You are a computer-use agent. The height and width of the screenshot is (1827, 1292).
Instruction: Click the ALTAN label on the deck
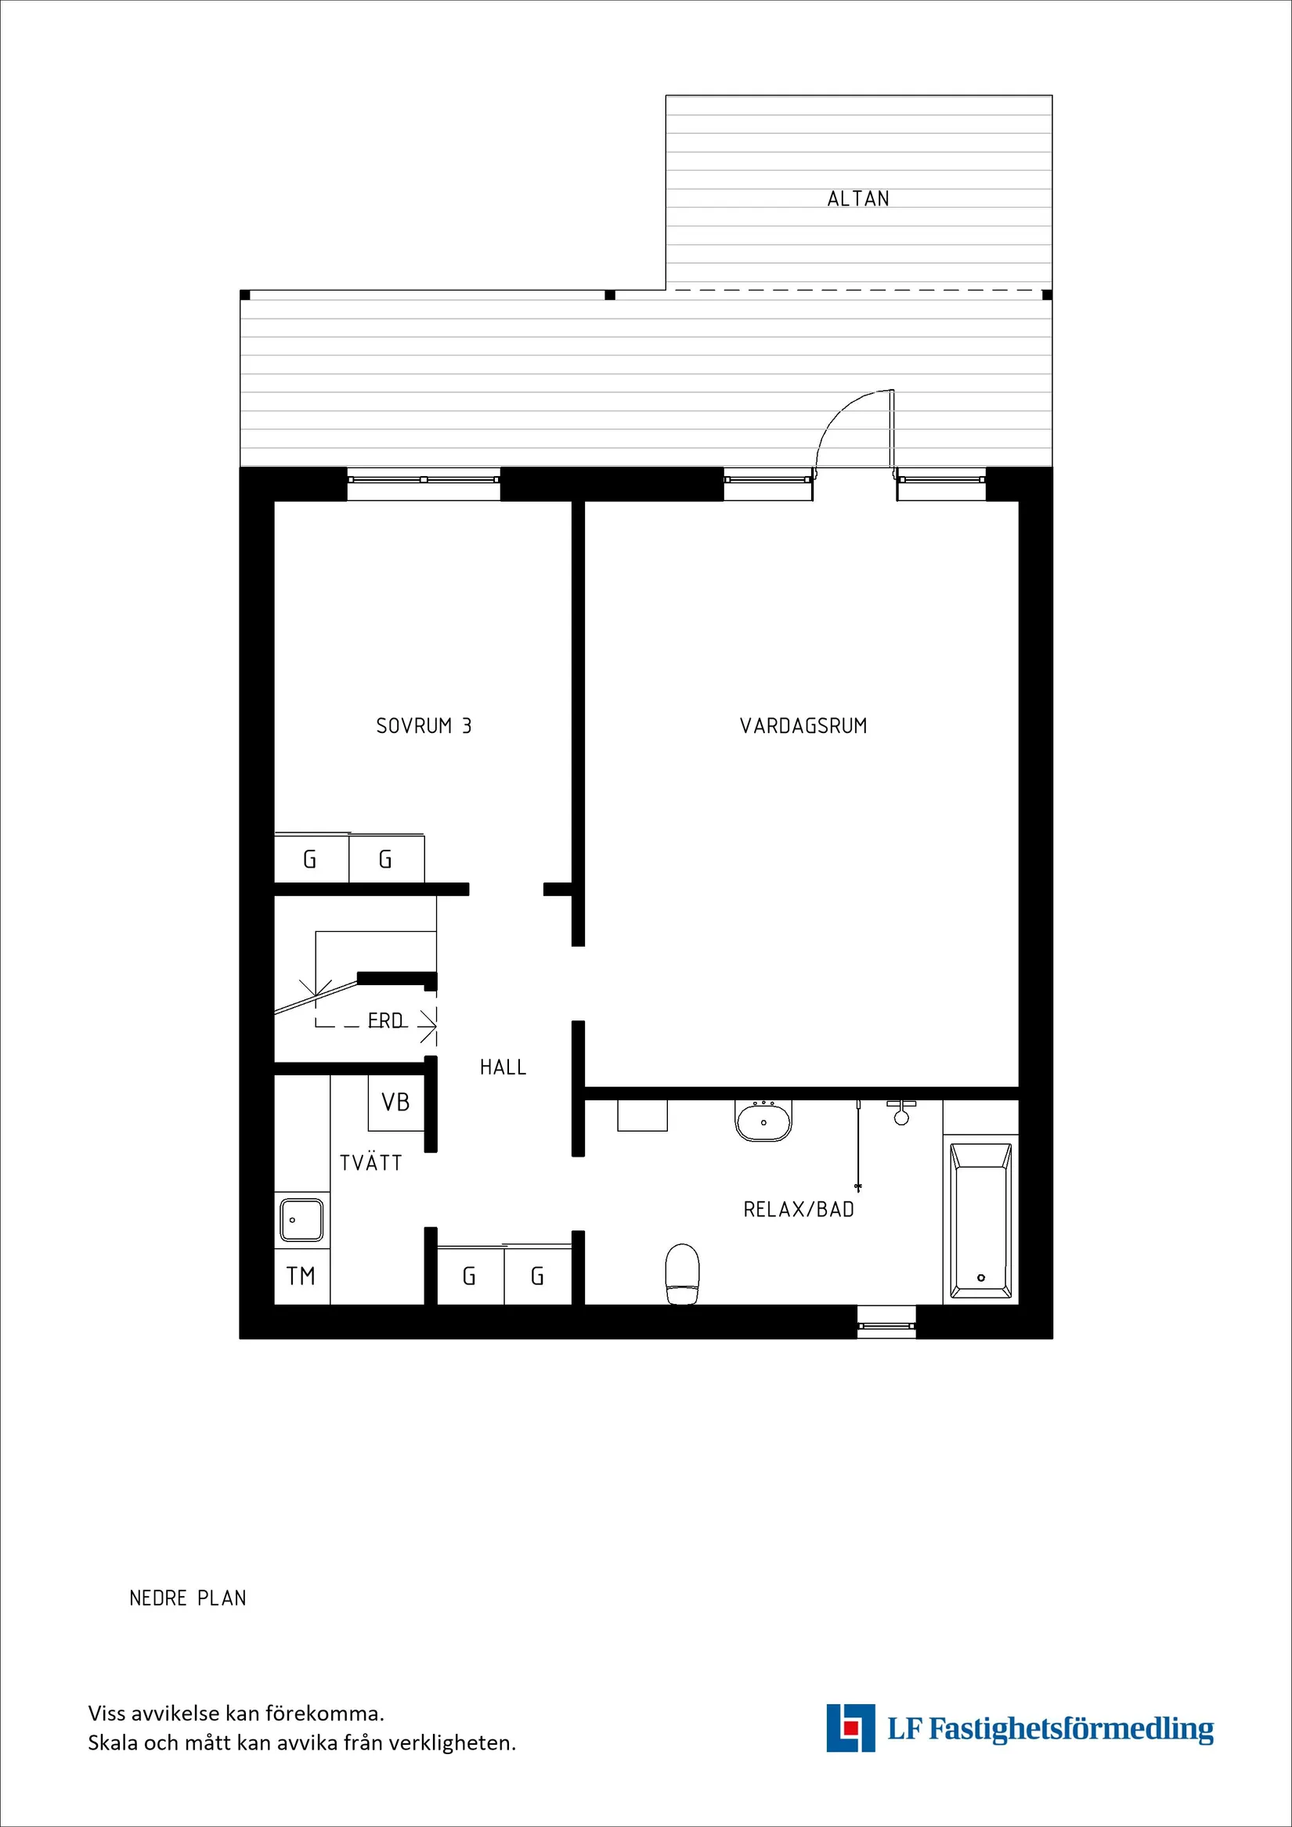[x=857, y=198]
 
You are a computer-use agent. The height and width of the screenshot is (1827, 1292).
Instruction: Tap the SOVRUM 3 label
[x=424, y=726]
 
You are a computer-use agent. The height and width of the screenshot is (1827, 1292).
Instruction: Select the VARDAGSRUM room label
[x=803, y=726]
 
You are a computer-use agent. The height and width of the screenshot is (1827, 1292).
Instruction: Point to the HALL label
[x=503, y=1067]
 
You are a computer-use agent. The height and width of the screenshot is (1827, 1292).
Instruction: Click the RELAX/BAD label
[x=799, y=1209]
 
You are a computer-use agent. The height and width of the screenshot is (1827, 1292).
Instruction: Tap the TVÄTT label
[x=370, y=1163]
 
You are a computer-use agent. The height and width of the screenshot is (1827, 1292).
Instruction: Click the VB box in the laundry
[x=395, y=1102]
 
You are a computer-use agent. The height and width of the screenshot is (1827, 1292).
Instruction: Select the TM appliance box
[x=301, y=1276]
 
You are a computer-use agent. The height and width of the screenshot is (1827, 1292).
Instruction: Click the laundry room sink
[x=301, y=1220]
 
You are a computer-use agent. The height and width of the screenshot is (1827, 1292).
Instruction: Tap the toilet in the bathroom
[x=682, y=1273]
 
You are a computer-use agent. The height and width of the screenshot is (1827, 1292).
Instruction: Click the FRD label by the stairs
[x=386, y=1020]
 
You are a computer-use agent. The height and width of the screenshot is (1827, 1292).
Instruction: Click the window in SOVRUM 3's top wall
[x=424, y=480]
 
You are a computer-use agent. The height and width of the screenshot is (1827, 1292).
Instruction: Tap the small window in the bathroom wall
[x=886, y=1326]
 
